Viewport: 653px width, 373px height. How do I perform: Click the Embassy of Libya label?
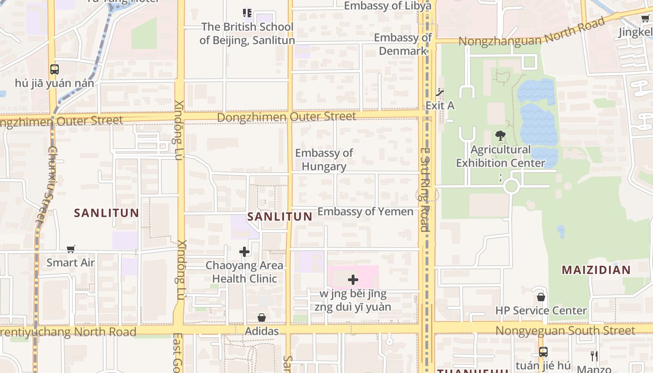pyautogui.click(x=387, y=6)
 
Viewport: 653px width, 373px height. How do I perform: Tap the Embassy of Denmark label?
pyautogui.click(x=403, y=44)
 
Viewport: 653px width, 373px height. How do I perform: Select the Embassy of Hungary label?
pyautogui.click(x=324, y=159)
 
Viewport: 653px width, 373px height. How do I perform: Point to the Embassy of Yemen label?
pyautogui.click(x=365, y=211)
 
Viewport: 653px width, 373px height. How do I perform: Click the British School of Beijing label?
pyautogui.click(x=247, y=34)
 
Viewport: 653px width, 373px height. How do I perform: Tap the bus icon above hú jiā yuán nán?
pyautogui.click(x=55, y=69)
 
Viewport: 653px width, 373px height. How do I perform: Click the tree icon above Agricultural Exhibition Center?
pyautogui.click(x=500, y=136)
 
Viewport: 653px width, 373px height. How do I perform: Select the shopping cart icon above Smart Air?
pyautogui.click(x=70, y=249)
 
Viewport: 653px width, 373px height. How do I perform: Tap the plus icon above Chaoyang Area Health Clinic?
pyautogui.click(x=244, y=252)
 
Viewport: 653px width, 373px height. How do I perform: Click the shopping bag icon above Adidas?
pyautogui.click(x=262, y=318)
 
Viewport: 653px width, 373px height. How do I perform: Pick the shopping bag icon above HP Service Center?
pyautogui.click(x=541, y=297)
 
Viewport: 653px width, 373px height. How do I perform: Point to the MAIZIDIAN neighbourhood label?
pyautogui.click(x=596, y=269)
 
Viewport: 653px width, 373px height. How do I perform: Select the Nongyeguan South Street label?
pyautogui.click(x=565, y=331)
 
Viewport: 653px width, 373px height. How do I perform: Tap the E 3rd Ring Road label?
pyautogui.click(x=424, y=190)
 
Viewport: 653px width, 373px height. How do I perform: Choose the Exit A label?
pyautogui.click(x=439, y=105)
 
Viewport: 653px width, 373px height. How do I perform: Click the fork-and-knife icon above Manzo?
pyautogui.click(x=594, y=356)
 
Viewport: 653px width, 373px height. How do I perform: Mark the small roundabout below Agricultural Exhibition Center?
pyautogui.click(x=511, y=186)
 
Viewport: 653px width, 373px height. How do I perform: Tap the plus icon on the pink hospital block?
pyautogui.click(x=353, y=280)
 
